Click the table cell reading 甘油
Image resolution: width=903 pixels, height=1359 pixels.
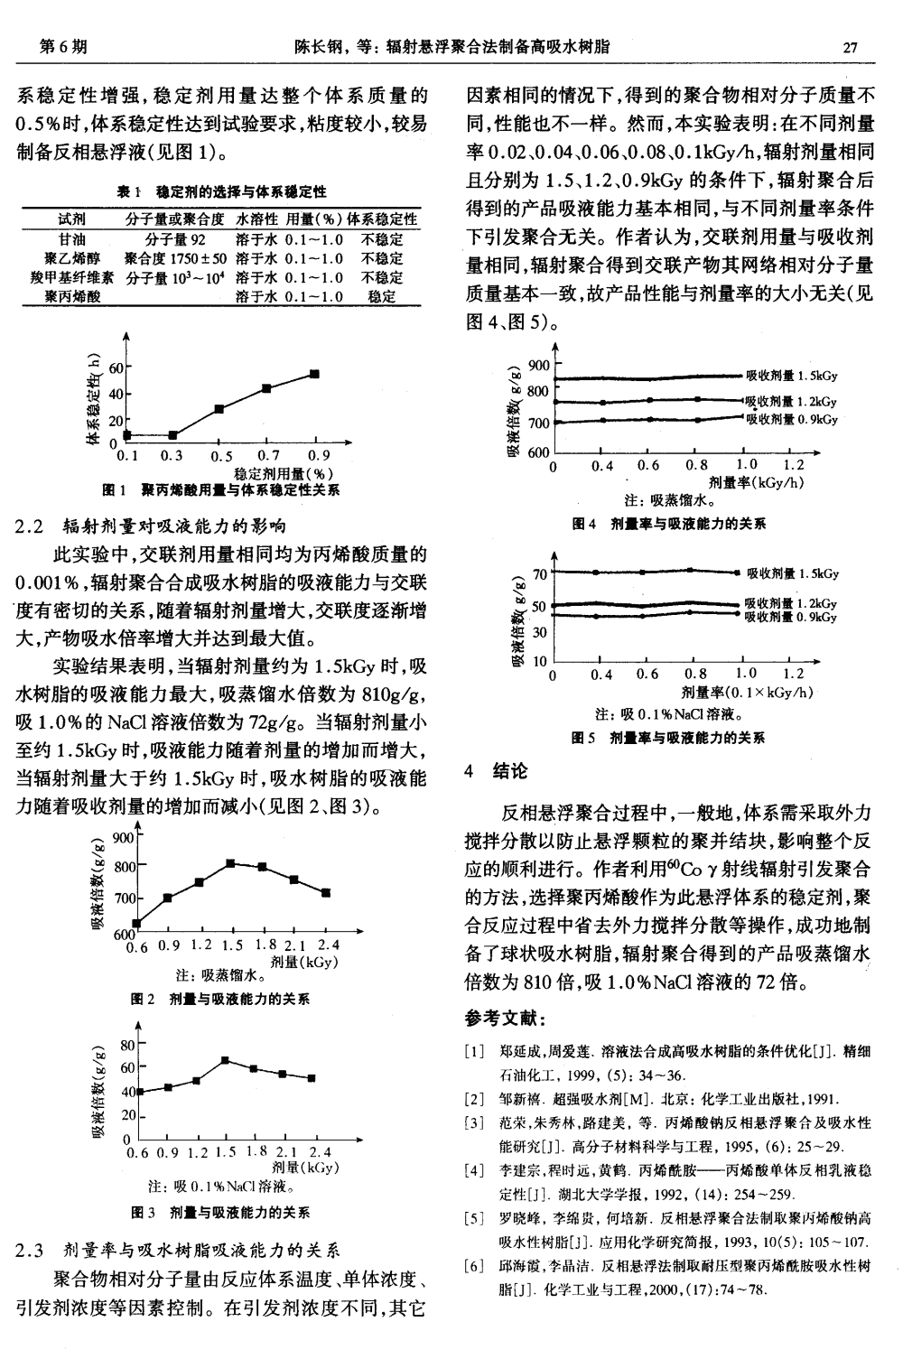point(71,240)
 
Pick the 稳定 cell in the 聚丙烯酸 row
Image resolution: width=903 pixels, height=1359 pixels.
point(382,296)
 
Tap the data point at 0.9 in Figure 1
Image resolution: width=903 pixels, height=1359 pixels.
point(314,374)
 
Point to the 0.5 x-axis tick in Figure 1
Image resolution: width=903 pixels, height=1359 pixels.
point(221,456)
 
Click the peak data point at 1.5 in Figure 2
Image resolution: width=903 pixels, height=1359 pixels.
point(230,863)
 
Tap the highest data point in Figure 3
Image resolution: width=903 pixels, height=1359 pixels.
point(225,1060)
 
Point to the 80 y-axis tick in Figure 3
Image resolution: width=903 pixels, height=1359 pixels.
point(127,1045)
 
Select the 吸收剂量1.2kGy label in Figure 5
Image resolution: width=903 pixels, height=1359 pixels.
point(791,603)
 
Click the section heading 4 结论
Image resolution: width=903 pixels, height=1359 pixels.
point(497,772)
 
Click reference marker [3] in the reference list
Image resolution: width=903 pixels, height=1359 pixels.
point(472,1123)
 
